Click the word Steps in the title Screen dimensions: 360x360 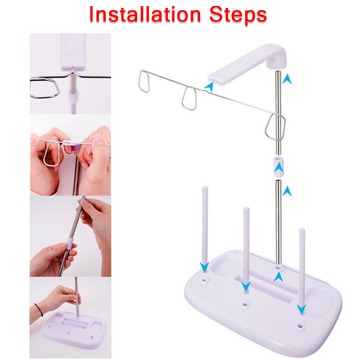[x=238, y=15]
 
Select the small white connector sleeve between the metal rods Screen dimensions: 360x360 [x=278, y=165]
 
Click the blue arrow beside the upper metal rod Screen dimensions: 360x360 [x=287, y=78]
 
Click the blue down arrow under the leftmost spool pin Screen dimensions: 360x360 [x=204, y=267]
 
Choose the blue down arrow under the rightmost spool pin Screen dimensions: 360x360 [x=301, y=309]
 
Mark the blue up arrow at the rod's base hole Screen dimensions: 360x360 [x=278, y=276]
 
